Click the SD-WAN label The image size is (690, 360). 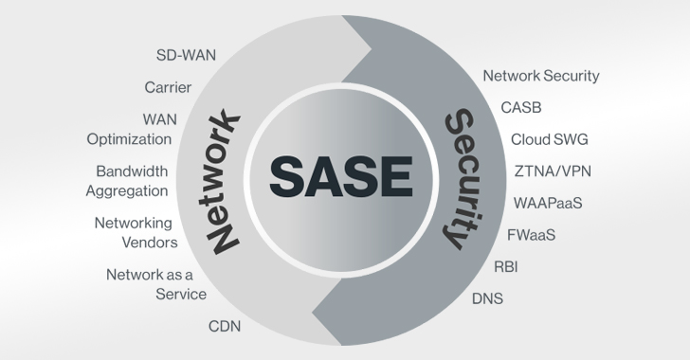186,54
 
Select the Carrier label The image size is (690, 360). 168,87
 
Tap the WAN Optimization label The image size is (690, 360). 129,130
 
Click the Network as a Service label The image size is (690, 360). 155,284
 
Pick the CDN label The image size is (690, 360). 225,327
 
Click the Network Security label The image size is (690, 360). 541,76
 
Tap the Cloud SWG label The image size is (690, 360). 550,139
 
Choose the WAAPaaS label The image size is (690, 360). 547,203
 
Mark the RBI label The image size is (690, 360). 505,267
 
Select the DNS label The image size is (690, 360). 487,298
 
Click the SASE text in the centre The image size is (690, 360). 341,174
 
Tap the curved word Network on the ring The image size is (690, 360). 225,185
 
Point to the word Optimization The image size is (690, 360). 129,139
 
